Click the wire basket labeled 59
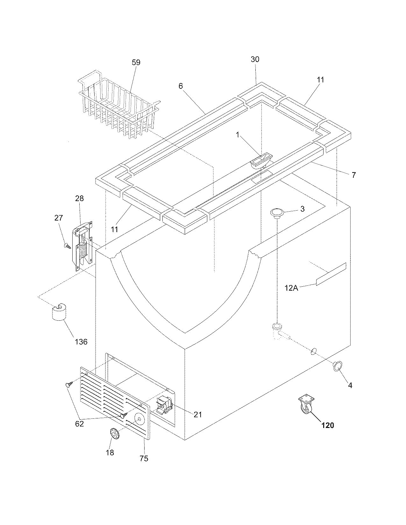[x=118, y=105]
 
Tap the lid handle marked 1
[x=262, y=160]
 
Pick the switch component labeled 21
[x=164, y=406]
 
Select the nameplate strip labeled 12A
[x=331, y=274]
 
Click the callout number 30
[x=255, y=59]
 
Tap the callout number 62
[x=79, y=424]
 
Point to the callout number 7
[x=353, y=175]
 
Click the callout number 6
[x=181, y=86]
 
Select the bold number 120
[x=328, y=425]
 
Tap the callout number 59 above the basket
[x=136, y=62]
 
